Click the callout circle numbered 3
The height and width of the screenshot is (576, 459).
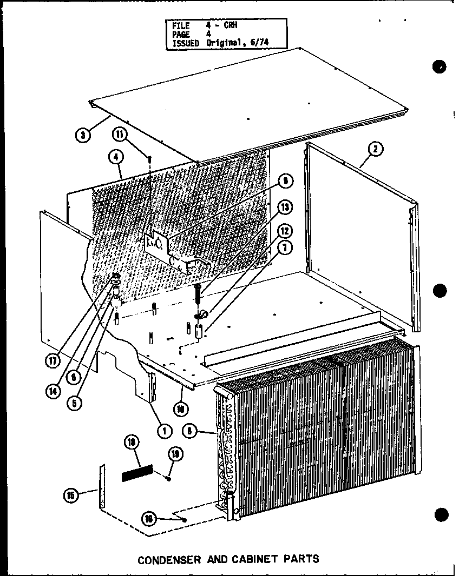(83, 135)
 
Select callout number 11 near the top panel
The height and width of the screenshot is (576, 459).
(121, 134)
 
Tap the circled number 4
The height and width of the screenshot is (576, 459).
(115, 158)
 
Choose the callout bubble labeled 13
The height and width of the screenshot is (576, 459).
(285, 207)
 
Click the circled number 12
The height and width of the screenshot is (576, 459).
(285, 231)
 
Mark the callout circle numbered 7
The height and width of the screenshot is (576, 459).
(285, 248)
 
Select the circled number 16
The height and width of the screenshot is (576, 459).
(149, 519)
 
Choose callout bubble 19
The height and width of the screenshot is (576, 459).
(177, 454)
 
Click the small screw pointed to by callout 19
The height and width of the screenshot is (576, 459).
(169, 478)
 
